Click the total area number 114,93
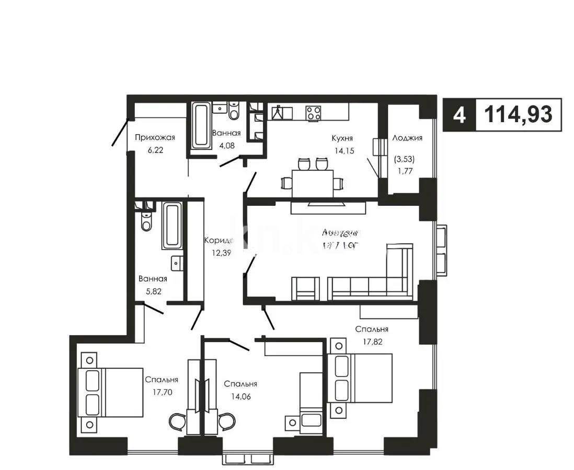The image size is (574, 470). (518, 114)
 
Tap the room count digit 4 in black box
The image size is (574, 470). (459, 114)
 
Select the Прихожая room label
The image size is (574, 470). (154, 137)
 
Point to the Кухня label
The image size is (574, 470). (342, 138)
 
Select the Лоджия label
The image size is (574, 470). (407, 138)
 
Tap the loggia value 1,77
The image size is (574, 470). (407, 169)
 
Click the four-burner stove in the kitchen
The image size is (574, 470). (314, 112)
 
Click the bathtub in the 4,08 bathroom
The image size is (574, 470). (201, 125)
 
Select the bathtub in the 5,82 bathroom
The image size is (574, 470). (171, 226)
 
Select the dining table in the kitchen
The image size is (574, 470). (313, 183)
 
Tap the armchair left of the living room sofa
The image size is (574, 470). (305, 289)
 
